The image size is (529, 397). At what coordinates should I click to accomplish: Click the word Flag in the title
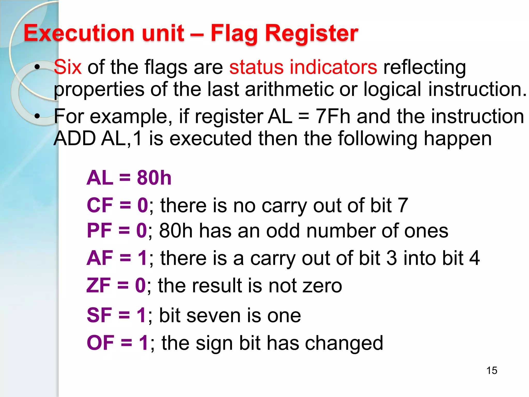234,34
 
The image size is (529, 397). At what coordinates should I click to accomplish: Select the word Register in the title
312,34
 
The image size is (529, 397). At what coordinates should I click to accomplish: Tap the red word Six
68,67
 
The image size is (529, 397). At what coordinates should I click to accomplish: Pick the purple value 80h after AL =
154,178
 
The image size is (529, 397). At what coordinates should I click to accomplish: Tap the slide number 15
492,370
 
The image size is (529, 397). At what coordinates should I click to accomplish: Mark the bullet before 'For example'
37,117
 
